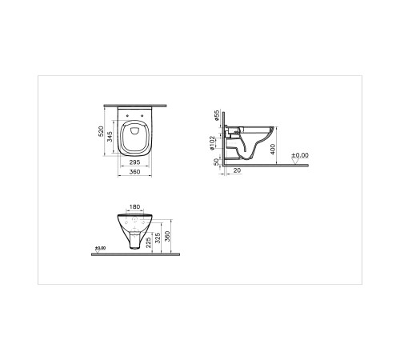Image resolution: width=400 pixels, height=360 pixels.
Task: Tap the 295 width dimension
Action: [x=136, y=161]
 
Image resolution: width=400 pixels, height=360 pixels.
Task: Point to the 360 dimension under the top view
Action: [x=136, y=170]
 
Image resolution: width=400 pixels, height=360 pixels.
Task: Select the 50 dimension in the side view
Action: [x=217, y=162]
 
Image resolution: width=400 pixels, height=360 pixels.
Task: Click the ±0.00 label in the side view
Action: [x=298, y=155]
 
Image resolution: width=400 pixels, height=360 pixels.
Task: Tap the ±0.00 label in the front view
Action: [x=100, y=249]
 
